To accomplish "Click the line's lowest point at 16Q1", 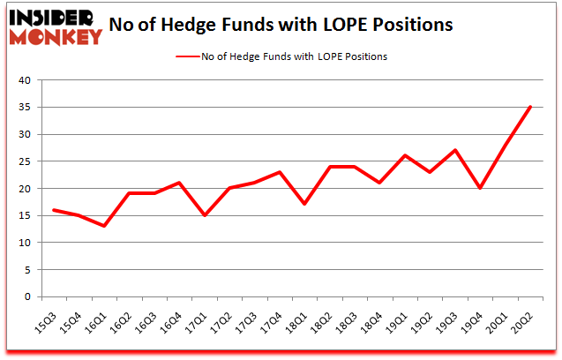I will click(x=103, y=226).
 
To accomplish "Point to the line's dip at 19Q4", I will click(x=481, y=188).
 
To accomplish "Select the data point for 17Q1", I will click(x=204, y=215).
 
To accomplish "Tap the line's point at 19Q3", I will click(x=455, y=150).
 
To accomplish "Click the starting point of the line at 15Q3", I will click(x=53, y=210).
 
